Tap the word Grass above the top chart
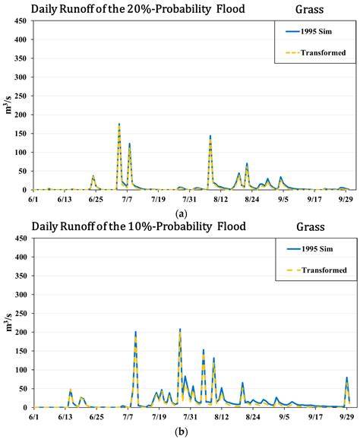pyautogui.click(x=309, y=9)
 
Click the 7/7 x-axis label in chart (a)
pyautogui.click(x=127, y=199)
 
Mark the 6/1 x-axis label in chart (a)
pyautogui.click(x=33, y=199)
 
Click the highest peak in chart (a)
pyautogui.click(x=119, y=124)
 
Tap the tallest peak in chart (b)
pyautogui.click(x=180, y=330)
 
